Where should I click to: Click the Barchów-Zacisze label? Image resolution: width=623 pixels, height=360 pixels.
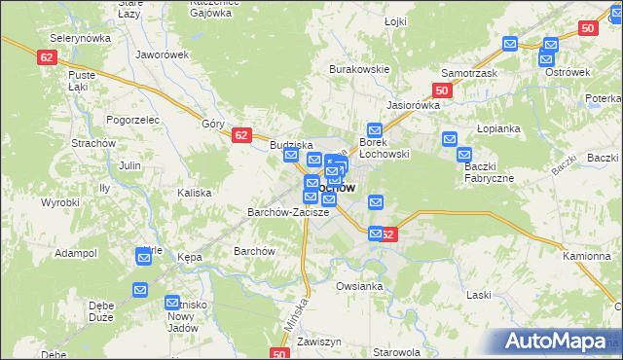(285, 211)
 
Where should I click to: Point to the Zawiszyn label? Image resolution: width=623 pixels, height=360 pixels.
(318, 342)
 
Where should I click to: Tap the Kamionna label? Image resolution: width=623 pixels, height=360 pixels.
(586, 255)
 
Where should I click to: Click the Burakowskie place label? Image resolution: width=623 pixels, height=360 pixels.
(359, 70)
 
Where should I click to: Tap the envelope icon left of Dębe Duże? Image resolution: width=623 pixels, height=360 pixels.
(141, 290)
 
